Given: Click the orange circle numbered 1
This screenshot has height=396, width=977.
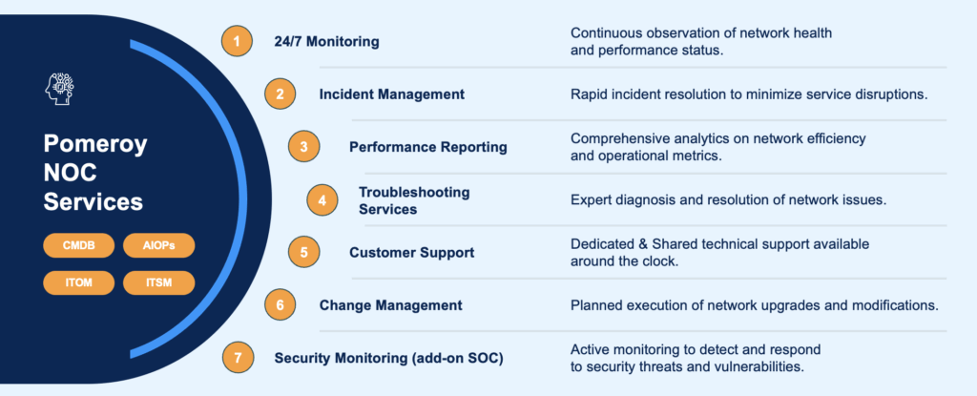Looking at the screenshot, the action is (x=237, y=42).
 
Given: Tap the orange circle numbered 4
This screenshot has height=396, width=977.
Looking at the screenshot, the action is (x=322, y=200).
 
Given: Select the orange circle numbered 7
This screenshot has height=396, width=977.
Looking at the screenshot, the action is (x=238, y=359).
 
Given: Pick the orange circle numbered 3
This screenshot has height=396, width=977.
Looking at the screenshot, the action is (x=303, y=147).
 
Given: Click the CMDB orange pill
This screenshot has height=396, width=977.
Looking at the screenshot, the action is (x=78, y=245).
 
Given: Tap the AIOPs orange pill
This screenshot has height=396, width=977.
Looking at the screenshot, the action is (x=159, y=245).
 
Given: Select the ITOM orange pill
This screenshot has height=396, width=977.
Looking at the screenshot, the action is (x=78, y=282).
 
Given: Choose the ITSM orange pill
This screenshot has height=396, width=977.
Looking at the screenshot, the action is (x=159, y=282).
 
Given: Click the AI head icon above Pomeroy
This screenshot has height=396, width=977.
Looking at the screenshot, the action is (x=60, y=89).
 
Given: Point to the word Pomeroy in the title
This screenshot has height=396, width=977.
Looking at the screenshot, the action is (x=95, y=145).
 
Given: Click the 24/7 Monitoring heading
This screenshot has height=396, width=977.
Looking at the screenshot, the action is (x=326, y=42).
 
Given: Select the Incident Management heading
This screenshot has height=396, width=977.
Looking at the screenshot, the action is (x=392, y=94).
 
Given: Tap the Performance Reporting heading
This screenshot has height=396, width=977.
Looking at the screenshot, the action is (x=428, y=147).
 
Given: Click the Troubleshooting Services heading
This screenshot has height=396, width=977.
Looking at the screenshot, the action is (x=414, y=200).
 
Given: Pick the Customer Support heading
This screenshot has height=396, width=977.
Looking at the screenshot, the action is (x=412, y=253).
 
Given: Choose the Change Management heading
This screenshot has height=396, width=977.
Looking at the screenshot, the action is (x=390, y=305).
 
